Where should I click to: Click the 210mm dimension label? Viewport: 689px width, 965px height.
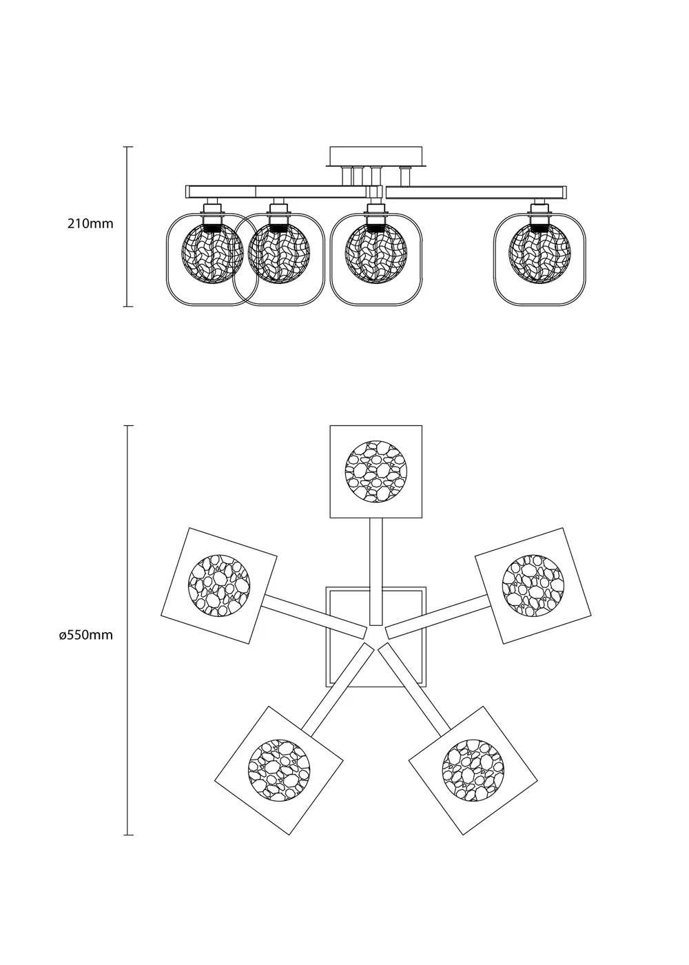pyautogui.click(x=90, y=223)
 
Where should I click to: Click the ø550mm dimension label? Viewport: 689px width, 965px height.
pyautogui.click(x=85, y=635)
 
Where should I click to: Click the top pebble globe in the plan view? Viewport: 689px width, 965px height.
pyautogui.click(x=376, y=471)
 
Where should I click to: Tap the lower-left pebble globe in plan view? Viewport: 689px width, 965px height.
pyautogui.click(x=279, y=770)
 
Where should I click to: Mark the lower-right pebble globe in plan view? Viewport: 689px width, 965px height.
pyautogui.click(x=473, y=770)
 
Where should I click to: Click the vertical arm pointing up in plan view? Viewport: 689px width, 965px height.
pyautogui.click(x=376, y=572)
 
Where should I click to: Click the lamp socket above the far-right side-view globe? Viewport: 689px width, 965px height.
pyautogui.click(x=539, y=207)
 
